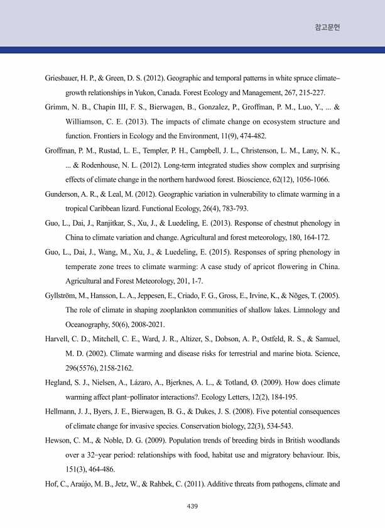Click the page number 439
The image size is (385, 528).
(192, 505)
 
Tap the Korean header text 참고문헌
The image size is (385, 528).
(327, 28)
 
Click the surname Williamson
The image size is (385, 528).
(88, 121)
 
